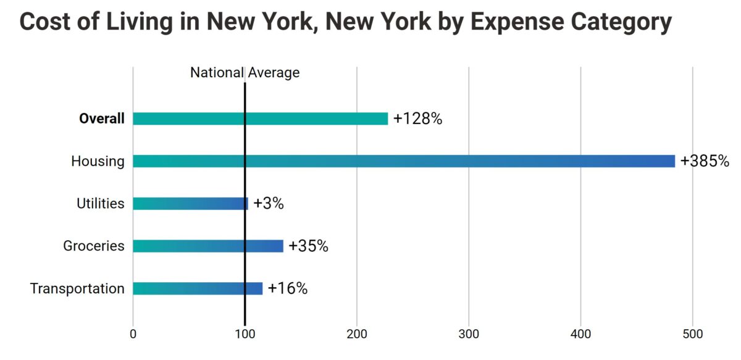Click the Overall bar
(x=260, y=119)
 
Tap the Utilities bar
(x=190, y=204)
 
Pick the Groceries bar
(x=208, y=246)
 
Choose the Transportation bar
(x=198, y=288)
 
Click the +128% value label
(x=417, y=119)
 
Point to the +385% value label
(x=705, y=161)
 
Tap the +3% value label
(x=269, y=204)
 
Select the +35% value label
(x=308, y=246)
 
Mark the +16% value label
(x=288, y=288)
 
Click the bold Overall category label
(x=101, y=119)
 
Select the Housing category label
(x=98, y=162)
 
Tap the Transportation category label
(x=77, y=288)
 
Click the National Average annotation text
(x=245, y=73)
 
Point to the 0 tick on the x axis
(x=133, y=334)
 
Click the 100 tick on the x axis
(x=245, y=334)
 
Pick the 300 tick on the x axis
(x=469, y=334)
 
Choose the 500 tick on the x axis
(x=692, y=334)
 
